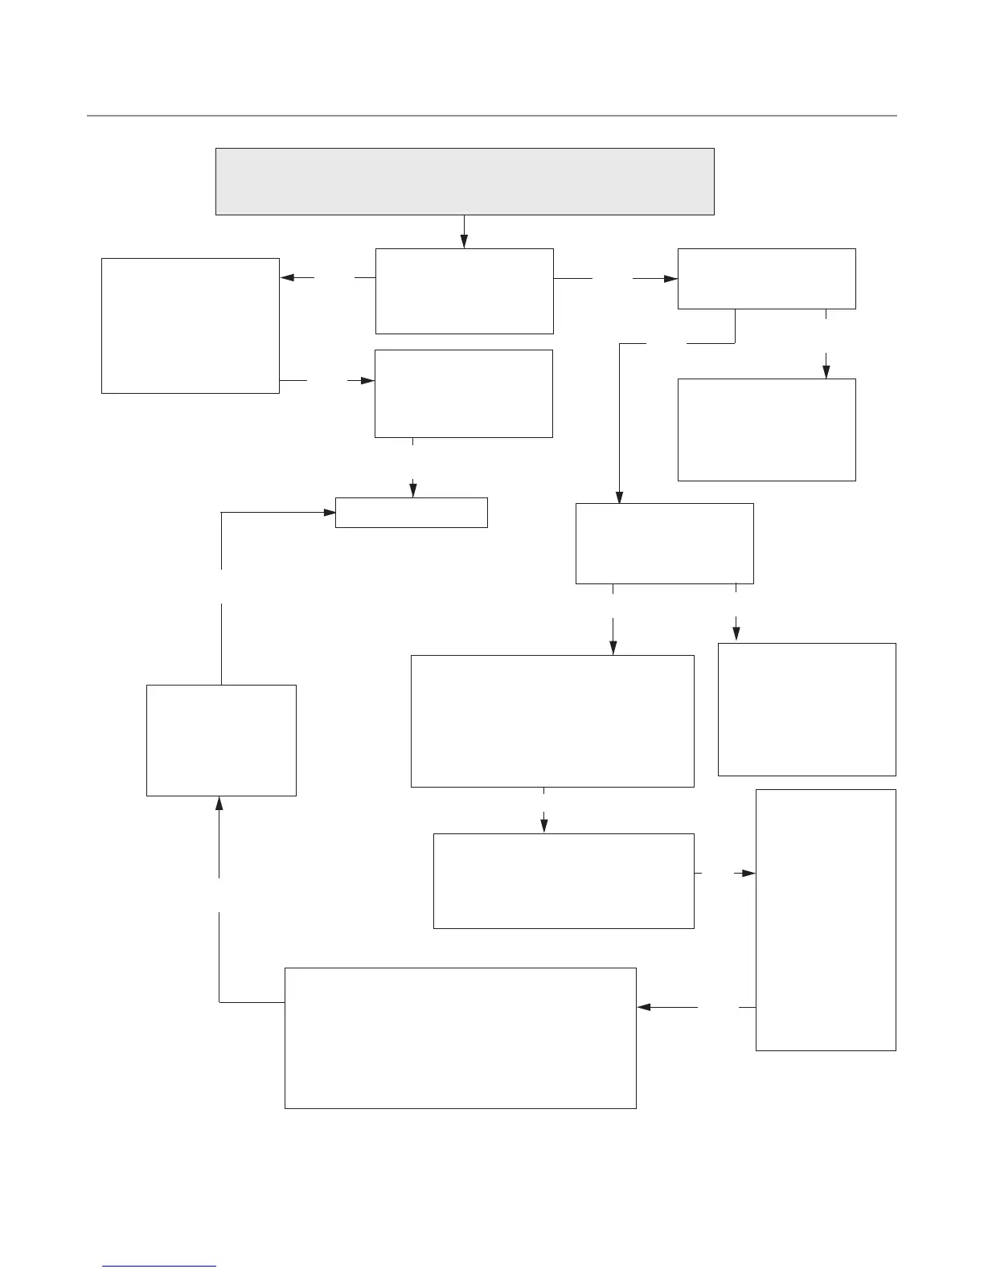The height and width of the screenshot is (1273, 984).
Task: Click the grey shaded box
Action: pyautogui.click(x=465, y=181)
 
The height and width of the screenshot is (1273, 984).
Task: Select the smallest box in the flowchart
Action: pyautogui.click(x=411, y=513)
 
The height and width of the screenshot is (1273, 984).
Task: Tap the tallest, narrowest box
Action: pyautogui.click(x=826, y=919)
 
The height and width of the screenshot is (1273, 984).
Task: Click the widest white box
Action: pyautogui.click(x=461, y=1038)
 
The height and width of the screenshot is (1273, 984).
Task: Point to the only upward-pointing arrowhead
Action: pyautogui.click(x=219, y=803)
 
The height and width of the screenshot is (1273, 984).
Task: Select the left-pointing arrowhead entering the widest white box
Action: pyautogui.click(x=643, y=1007)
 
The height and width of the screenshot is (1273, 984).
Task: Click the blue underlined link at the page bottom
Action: pyautogui.click(x=160, y=1266)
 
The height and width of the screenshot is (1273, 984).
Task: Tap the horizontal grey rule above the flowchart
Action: pyautogui.click(x=491, y=116)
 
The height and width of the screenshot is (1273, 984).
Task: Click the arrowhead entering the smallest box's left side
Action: pyautogui.click(x=329, y=512)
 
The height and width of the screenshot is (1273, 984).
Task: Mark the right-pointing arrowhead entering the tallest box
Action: pyautogui.click(x=749, y=873)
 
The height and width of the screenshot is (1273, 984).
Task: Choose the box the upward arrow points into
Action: pyautogui.click(x=221, y=740)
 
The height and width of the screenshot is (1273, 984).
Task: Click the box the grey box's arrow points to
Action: pyautogui.click(x=465, y=291)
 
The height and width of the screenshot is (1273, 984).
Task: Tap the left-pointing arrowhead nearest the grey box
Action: pyautogui.click(x=287, y=278)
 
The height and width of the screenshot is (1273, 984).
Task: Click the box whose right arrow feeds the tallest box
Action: pyautogui.click(x=564, y=881)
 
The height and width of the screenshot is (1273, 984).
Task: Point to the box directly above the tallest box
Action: pyautogui.click(x=806, y=709)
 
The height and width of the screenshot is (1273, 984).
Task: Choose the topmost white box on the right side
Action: pyautogui.click(x=766, y=279)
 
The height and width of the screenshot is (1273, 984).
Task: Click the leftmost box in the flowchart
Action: pyautogui.click(x=191, y=325)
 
